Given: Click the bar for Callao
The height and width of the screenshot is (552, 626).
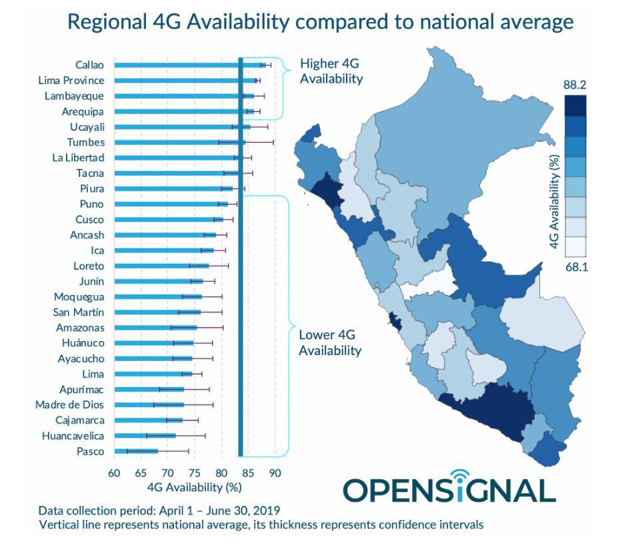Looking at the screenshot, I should pyautogui.click(x=180, y=65).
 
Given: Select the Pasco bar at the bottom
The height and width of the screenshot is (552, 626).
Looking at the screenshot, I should pyautogui.click(x=136, y=451).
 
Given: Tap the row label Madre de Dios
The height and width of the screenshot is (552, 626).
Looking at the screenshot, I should pyautogui.click(x=70, y=404).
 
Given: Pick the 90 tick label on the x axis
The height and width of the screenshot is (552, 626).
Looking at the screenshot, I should pyautogui.click(x=275, y=473).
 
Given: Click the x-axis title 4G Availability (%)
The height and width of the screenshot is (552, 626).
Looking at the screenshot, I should pyautogui.click(x=194, y=487).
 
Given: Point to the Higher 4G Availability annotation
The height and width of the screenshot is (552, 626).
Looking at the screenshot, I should pyautogui.click(x=331, y=71).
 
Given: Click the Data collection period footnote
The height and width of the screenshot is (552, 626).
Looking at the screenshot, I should pyautogui.click(x=159, y=511).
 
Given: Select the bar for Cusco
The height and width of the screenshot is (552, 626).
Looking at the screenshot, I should pyautogui.click(x=167, y=220).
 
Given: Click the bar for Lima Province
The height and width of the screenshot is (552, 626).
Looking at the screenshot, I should pyautogui.click(x=180, y=80).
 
